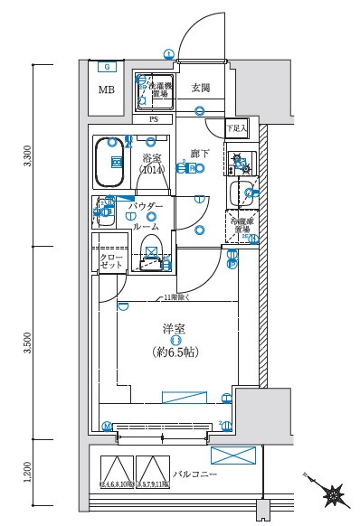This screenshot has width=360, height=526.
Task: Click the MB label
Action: click(x=108, y=90)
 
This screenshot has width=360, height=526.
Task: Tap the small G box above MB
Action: click(x=108, y=66)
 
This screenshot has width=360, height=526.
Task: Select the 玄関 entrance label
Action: click(x=201, y=88)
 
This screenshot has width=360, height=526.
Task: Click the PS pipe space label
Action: click(x=152, y=119)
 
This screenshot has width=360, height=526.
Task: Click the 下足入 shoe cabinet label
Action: click(x=236, y=128)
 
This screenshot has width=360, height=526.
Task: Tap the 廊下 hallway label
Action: click(x=200, y=154)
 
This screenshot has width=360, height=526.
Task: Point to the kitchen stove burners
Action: click(x=240, y=164)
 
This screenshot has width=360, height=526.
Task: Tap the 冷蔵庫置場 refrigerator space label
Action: click(x=242, y=224)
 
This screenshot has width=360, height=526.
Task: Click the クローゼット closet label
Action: click(x=111, y=262)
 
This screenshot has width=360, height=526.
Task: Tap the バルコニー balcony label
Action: click(x=194, y=472)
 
